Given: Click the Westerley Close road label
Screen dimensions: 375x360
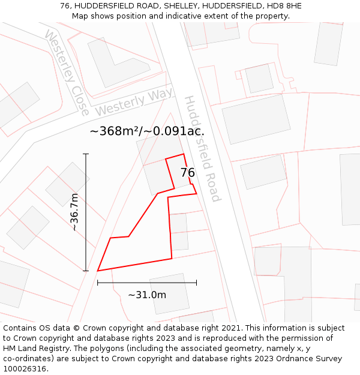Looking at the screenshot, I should click(67, 73).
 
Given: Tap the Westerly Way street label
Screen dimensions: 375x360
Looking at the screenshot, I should click(134, 101).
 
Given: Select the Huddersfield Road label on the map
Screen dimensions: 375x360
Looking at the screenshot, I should click(203, 148).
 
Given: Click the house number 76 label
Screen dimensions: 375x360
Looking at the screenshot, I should click(187, 173).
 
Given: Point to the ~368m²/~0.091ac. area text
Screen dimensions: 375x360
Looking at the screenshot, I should click(147, 131).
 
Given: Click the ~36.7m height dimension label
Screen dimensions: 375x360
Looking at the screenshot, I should click(74, 212).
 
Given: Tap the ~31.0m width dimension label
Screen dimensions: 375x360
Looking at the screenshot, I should click(147, 295).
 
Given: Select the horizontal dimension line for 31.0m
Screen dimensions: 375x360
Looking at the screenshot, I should click(147, 283).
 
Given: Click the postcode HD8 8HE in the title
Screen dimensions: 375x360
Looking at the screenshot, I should click(282, 6).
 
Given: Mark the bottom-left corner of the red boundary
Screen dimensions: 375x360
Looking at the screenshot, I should click(98, 271).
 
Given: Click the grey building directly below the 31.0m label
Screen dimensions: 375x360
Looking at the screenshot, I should click(170, 293).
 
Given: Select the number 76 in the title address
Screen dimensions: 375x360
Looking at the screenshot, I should click(65, 6).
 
